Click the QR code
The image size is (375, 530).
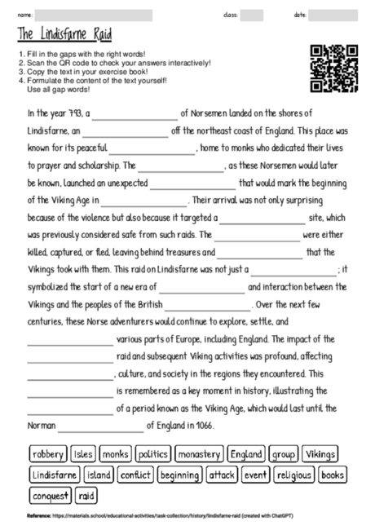334,68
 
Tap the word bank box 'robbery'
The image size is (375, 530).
48,453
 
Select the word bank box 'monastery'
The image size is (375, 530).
199,453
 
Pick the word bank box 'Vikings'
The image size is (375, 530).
321,453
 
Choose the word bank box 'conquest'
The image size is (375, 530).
51,495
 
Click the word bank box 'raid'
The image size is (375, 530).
87,495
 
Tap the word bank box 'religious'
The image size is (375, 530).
294,475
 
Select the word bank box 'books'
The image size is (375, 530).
333,475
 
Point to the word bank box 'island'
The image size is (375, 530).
99,475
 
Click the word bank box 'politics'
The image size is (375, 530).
152,453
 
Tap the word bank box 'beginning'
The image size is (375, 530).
179,475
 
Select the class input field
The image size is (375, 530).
252,15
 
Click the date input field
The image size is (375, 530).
333,15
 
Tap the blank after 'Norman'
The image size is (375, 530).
101,426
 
